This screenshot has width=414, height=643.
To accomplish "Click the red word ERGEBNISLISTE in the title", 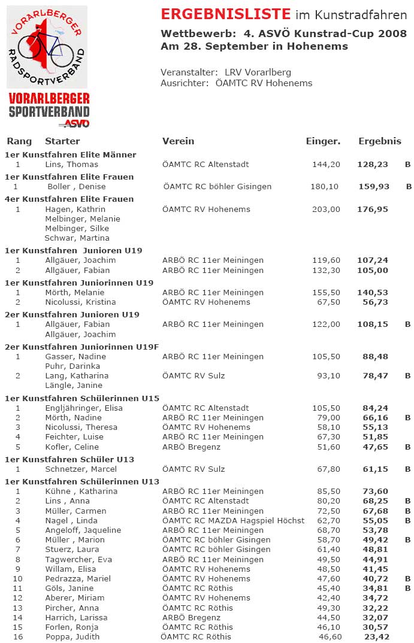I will [226, 14].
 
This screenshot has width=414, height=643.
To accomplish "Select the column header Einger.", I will [323, 141].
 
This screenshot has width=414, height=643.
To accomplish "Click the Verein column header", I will [178, 141].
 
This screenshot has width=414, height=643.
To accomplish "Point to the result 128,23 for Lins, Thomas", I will [373, 164].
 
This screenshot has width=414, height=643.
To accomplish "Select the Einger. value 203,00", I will [326, 209].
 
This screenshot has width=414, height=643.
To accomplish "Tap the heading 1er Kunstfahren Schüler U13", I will [69, 459].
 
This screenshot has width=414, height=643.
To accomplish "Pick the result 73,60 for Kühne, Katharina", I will [375, 491].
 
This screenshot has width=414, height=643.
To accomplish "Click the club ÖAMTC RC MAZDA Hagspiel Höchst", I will [233, 520].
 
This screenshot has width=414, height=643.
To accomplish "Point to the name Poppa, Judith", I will [72, 636].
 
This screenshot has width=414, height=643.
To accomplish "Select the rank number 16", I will [18, 636].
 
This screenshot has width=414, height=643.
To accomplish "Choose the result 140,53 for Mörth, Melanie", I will [373, 292].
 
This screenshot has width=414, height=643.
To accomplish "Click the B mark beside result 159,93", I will [409, 186].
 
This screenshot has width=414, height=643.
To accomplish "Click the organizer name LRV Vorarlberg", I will [258, 72].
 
